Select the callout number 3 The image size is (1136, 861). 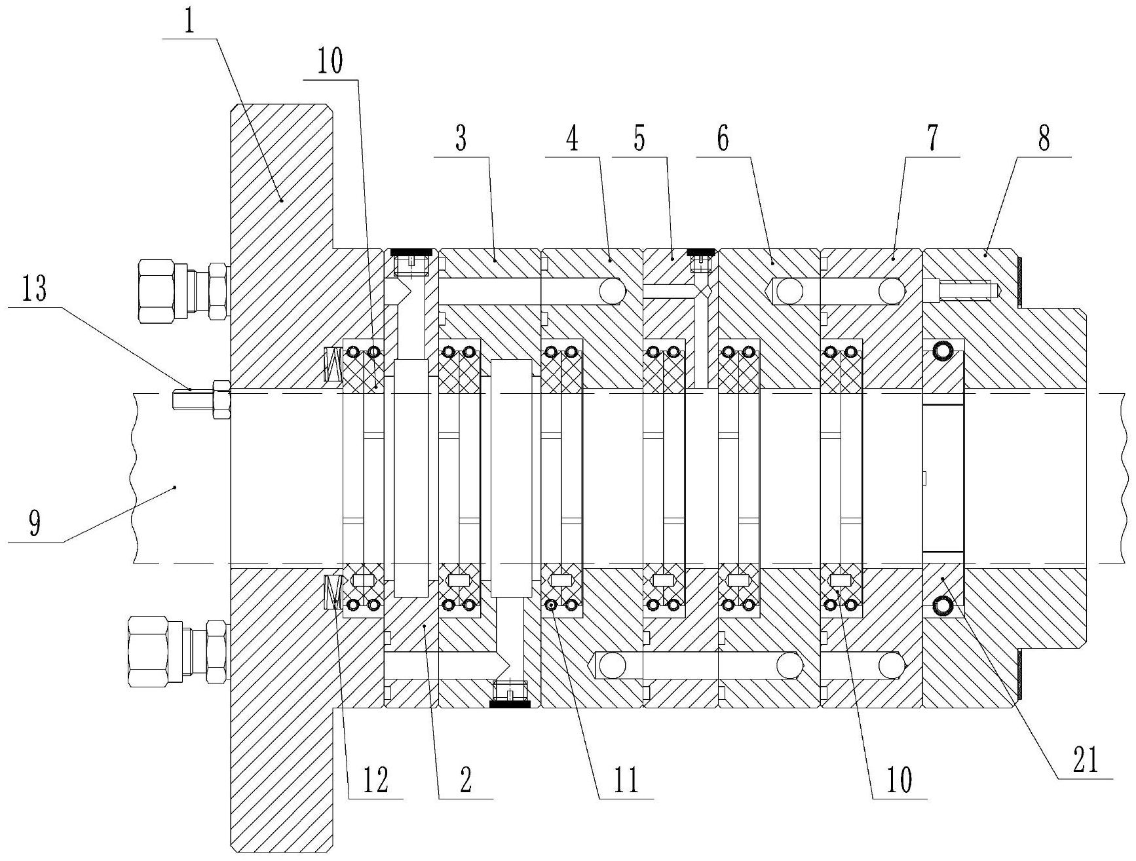click(x=461, y=140)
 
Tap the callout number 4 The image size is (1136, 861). click(x=572, y=140)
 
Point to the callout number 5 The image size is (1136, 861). click(x=639, y=140)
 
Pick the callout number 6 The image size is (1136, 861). click(x=723, y=140)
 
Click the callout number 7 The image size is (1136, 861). click(x=933, y=140)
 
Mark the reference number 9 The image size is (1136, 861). click(x=35, y=524)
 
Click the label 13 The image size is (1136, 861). click(x=35, y=290)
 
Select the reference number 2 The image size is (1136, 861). click(x=465, y=780)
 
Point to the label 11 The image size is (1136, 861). click(x=626, y=780)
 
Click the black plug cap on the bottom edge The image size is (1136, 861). click(x=510, y=704)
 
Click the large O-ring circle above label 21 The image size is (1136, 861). click(x=943, y=606)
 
